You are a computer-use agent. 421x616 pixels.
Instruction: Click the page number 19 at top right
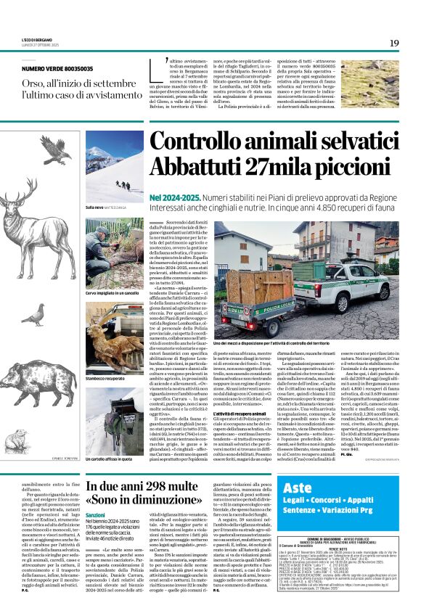(x=394, y=43)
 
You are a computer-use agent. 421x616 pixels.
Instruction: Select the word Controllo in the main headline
(x=200, y=142)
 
